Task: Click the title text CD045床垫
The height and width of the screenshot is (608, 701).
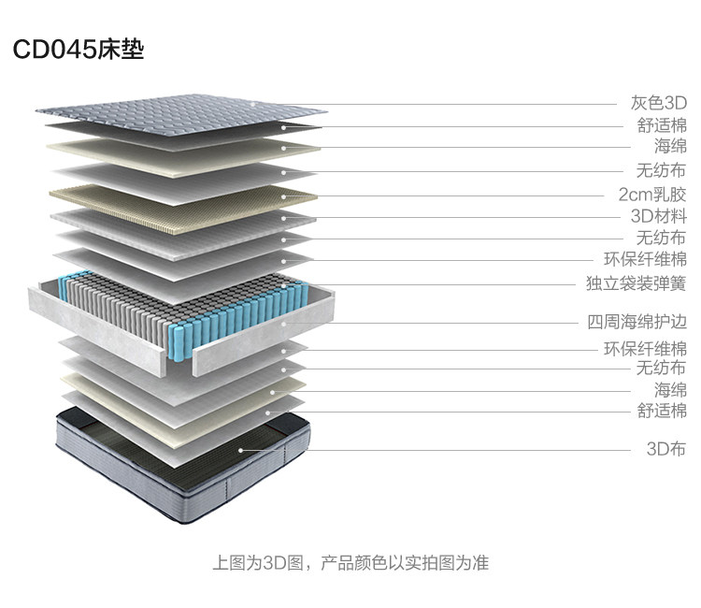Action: [x=79, y=49]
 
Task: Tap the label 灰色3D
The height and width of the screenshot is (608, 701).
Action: [x=659, y=103]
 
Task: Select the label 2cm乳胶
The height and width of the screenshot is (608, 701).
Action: [x=652, y=195]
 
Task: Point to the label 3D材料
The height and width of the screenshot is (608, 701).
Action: [x=659, y=217]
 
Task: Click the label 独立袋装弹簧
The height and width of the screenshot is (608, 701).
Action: [x=636, y=282]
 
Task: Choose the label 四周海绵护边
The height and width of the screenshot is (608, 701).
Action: [x=637, y=323]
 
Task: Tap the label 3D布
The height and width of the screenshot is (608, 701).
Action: [x=666, y=448]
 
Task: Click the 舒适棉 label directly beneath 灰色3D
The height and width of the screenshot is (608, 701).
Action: [x=662, y=125]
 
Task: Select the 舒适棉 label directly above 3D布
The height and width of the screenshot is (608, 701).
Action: [x=662, y=411]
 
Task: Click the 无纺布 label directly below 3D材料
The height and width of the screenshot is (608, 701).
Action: [x=662, y=239]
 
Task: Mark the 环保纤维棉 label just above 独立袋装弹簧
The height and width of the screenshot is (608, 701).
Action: [x=645, y=260]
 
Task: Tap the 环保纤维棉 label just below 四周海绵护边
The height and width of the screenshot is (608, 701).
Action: [x=645, y=349]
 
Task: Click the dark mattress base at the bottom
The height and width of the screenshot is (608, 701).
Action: [x=178, y=468]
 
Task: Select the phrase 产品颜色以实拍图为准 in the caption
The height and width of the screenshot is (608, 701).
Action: [x=404, y=563]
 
